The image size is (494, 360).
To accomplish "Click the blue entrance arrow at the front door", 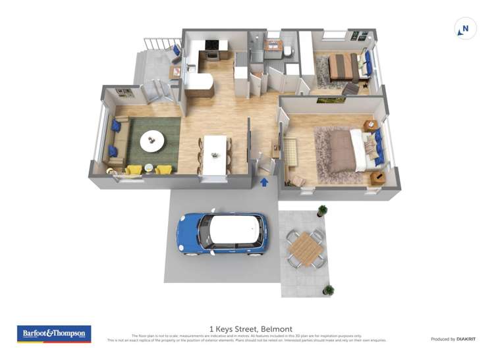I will click(264, 182).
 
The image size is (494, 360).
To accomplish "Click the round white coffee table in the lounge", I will click(153, 140).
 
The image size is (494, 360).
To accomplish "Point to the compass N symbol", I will click(465, 29).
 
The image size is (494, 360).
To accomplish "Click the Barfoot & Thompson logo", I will click(54, 334).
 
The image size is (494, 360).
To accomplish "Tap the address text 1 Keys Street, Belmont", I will click(250, 328).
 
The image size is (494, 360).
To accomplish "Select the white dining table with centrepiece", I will click(215, 155).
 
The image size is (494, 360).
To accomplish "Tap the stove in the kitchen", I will click(212, 47).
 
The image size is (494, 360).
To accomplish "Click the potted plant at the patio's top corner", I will click(322, 211).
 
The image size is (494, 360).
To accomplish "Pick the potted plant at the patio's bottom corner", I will click(328, 290).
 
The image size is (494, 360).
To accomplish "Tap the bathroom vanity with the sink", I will click(273, 47).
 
